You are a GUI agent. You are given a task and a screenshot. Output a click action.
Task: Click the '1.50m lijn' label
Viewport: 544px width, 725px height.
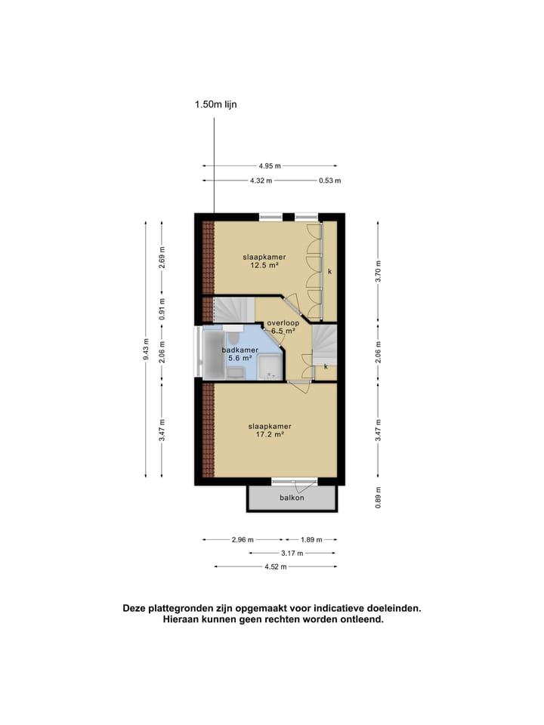(215, 105)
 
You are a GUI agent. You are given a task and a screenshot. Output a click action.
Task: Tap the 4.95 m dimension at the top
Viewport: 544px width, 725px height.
(269, 166)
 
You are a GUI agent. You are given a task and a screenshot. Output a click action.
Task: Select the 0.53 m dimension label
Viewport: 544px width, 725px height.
(329, 180)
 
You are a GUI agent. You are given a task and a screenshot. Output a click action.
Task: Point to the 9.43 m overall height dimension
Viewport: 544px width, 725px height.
(145, 349)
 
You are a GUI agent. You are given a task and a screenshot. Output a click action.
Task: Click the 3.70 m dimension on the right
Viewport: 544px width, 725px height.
(379, 269)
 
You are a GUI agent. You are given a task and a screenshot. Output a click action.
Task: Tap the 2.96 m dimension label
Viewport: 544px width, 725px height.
(243, 540)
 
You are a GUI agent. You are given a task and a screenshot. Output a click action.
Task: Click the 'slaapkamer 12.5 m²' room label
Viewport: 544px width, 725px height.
(264, 261)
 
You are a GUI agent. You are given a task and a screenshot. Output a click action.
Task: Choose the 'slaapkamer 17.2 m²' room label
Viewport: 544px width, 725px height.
(270, 430)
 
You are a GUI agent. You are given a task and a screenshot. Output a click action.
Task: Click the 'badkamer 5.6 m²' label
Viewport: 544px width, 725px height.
(240, 355)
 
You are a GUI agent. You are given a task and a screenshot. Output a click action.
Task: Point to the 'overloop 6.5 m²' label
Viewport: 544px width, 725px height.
(283, 327)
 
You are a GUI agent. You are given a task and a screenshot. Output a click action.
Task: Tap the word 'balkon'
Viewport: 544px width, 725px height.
(292, 498)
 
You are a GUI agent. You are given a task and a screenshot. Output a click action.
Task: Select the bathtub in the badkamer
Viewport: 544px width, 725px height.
(214, 353)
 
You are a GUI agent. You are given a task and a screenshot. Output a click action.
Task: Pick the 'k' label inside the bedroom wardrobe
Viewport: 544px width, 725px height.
(329, 270)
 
